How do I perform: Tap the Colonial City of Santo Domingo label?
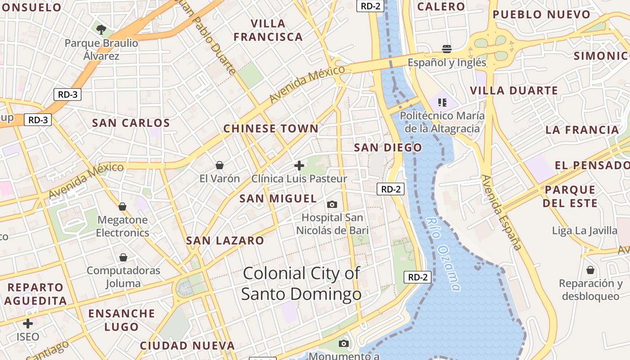point(301,283)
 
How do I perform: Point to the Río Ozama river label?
point(444,254)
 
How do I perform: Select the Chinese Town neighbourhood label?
point(271,129)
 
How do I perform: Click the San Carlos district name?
point(131,123)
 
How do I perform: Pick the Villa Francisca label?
point(268,30)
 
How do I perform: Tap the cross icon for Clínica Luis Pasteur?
point(299,166)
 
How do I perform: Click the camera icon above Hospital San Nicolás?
point(332,205)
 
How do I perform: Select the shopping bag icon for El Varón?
point(220,165)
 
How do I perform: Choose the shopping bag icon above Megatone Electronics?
point(122,207)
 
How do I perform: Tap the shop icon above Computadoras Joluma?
point(123,257)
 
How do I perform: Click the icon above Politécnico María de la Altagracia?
point(442,102)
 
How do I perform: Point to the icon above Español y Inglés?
point(447,49)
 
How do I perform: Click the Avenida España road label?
point(502,212)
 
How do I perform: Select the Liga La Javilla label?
point(585,231)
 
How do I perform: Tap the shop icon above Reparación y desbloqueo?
point(590,270)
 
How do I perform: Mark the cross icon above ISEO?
point(28,323)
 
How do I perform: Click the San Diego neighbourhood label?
point(388,148)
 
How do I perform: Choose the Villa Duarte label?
point(514,90)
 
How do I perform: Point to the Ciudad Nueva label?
point(187,346)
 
